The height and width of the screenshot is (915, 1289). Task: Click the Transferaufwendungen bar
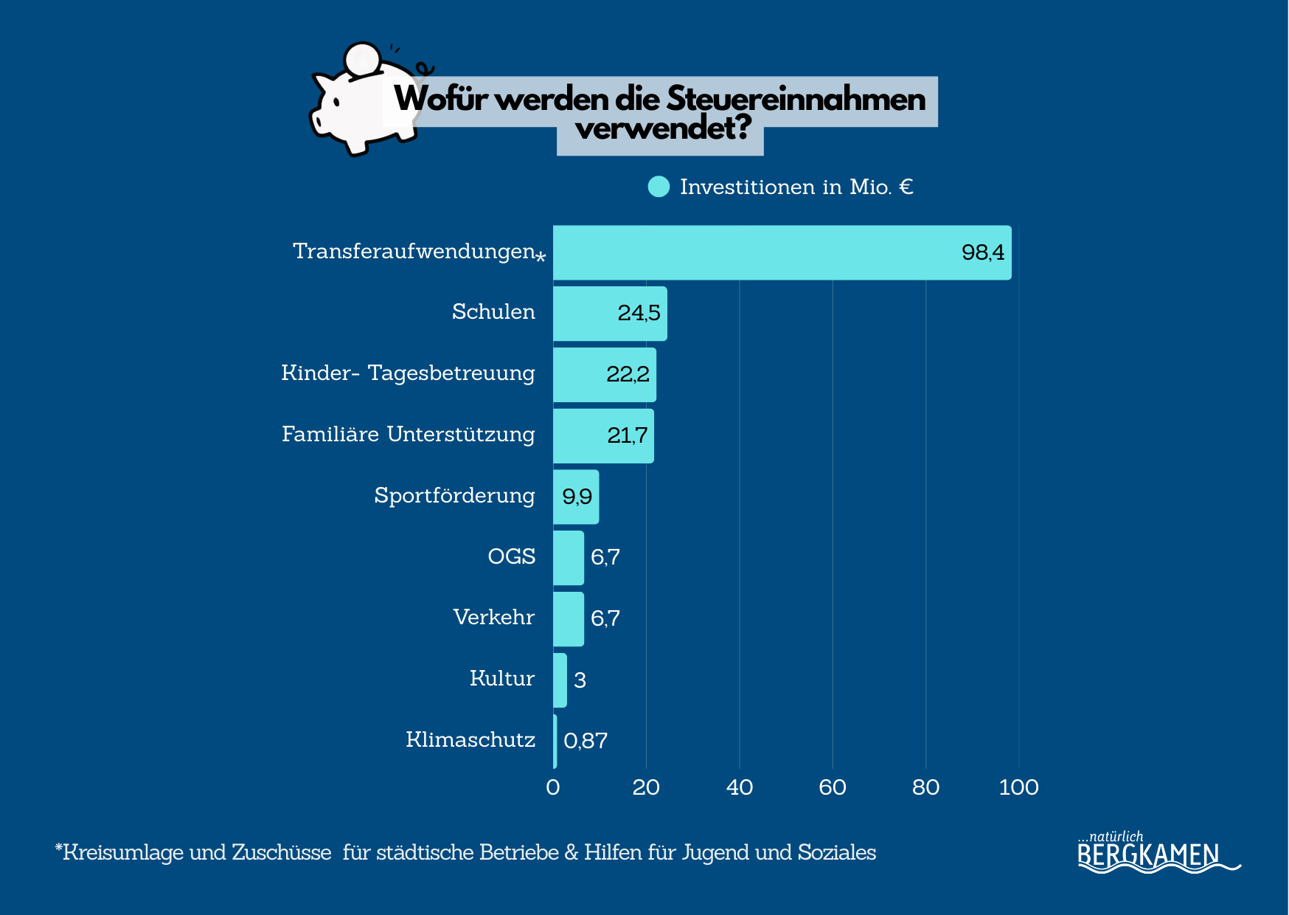tap(782, 252)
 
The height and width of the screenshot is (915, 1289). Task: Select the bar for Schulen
tap(610, 314)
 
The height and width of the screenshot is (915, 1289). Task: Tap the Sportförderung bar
tap(576, 497)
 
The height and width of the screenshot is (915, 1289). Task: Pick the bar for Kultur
tap(560, 680)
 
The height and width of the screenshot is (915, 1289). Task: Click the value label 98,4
tap(982, 252)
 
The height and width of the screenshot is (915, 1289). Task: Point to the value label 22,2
tap(628, 374)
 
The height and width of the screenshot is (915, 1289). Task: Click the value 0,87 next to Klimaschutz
tap(586, 740)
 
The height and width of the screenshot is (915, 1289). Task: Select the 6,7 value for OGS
tap(605, 557)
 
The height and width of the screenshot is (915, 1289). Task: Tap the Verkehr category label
tap(493, 617)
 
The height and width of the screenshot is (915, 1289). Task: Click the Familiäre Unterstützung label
tap(408, 434)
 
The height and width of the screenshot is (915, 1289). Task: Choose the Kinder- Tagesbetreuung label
tap(408, 373)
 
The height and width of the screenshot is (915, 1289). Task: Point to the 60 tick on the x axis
tap(833, 787)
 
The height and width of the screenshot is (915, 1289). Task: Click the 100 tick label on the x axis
tap(1018, 787)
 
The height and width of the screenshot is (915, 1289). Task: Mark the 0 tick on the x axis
tap(553, 787)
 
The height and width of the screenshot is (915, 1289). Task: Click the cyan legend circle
tap(659, 187)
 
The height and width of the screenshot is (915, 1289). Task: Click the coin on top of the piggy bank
tap(363, 59)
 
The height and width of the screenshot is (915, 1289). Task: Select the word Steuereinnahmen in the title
tap(796, 99)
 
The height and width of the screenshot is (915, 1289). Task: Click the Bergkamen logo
tap(1150, 854)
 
